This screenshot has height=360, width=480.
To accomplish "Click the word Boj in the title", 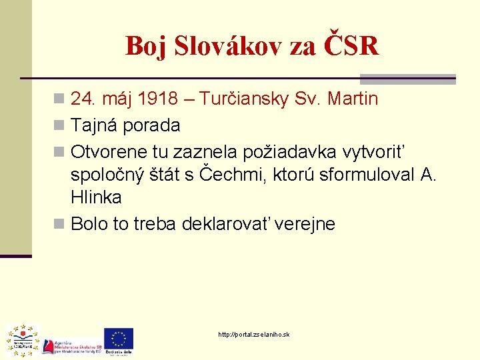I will [145, 46].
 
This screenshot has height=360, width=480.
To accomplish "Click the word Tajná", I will [93, 125].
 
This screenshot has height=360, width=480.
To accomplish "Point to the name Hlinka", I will [97, 198].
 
